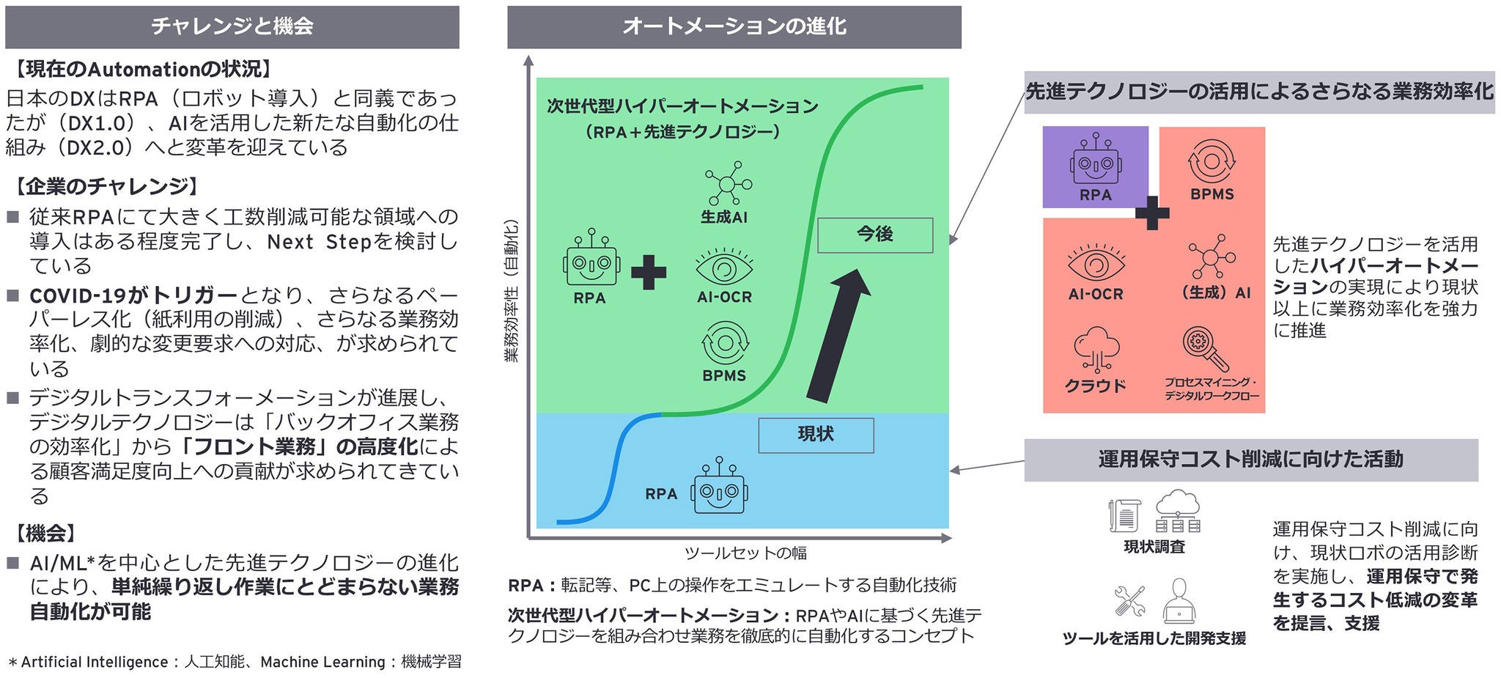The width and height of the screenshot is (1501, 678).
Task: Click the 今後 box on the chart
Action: coord(874,235)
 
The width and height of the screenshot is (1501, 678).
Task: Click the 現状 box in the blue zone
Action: coord(816,435)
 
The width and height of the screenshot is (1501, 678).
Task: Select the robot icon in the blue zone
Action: coord(719,488)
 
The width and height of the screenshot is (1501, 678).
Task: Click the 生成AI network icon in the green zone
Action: coord(727,183)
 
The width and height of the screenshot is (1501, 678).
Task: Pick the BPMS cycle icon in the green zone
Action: coord(725,342)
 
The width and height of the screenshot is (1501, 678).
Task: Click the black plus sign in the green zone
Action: coord(649,273)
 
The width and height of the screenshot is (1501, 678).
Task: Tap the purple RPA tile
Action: coord(1095,166)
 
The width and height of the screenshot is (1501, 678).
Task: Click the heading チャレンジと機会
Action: coord(232,27)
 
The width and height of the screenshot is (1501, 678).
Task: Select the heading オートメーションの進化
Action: coord(734,27)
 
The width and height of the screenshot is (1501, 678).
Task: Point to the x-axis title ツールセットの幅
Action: coord(745,553)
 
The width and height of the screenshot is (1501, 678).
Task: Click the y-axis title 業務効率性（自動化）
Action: coord(512,290)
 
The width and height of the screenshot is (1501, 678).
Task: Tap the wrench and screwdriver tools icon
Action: coord(1129,601)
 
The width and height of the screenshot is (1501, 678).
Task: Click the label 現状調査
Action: coord(1154,547)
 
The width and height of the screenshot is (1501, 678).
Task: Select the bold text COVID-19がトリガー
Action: coord(133,295)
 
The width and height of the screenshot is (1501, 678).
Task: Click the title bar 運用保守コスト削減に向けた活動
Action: coord(1250,460)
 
